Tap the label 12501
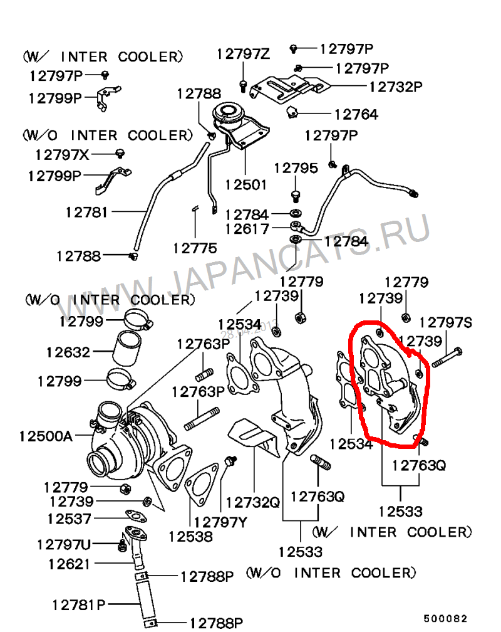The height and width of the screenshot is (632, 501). (245, 185)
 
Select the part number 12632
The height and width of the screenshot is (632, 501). (68, 352)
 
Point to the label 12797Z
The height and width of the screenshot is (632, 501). (243, 55)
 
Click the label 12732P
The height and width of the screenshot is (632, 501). (396, 87)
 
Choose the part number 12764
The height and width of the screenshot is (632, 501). (356, 114)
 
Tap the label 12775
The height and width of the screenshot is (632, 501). (195, 248)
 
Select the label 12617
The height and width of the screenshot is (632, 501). (247, 229)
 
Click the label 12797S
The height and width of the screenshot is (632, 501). (446, 323)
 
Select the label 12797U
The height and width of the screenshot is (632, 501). (64, 544)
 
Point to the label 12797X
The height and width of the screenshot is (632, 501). (62, 154)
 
